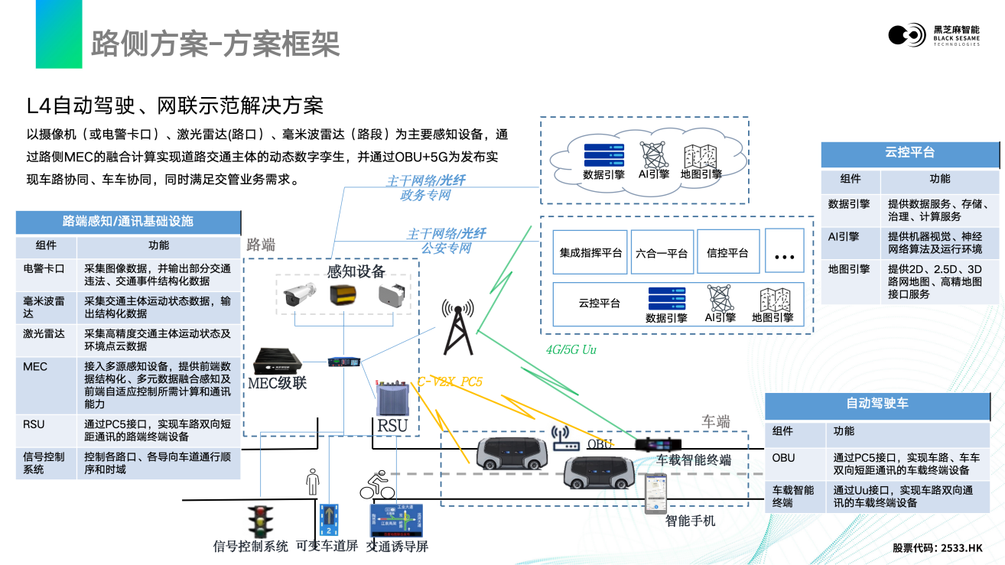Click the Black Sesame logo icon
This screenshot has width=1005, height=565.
click(x=907, y=34)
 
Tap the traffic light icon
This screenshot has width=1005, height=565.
click(x=260, y=521)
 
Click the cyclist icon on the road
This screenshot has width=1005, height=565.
click(x=377, y=485)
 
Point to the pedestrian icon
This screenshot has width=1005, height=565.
click(x=311, y=482)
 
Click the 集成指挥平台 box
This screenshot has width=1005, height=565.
click(x=590, y=253)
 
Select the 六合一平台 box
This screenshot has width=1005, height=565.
click(x=662, y=253)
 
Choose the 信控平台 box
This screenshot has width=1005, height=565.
click(x=727, y=252)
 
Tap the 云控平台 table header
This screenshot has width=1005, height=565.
click(x=909, y=153)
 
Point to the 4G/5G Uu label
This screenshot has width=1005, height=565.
click(x=571, y=350)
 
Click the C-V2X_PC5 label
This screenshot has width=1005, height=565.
click(x=450, y=381)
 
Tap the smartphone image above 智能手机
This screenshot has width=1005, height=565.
click(x=655, y=494)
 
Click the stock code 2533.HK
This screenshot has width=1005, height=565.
click(x=961, y=548)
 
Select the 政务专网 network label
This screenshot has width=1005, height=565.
click(x=425, y=195)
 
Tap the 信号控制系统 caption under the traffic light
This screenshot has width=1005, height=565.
click(x=250, y=547)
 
